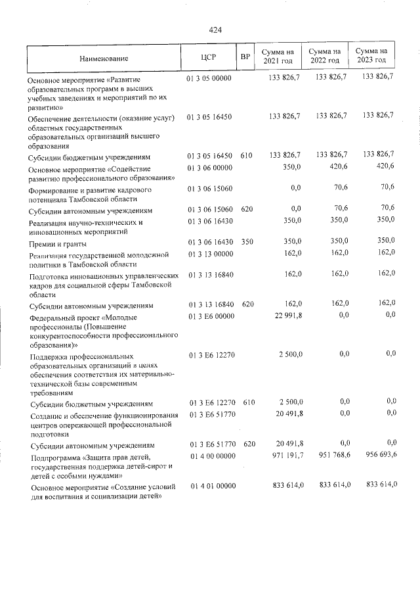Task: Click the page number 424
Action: point(215,30)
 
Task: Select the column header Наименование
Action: point(105,58)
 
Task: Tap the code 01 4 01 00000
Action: point(211,485)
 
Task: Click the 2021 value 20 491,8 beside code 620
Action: point(285,444)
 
